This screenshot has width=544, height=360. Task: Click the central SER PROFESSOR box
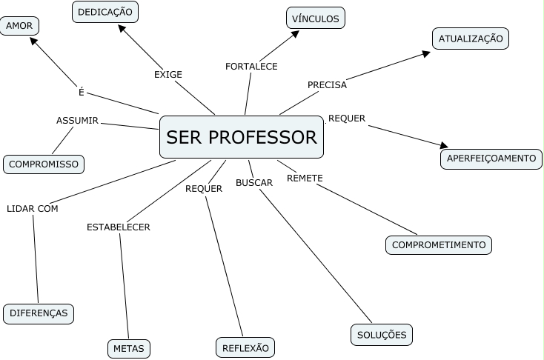[x=242, y=137]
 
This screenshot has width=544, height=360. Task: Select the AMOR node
[x=19, y=26]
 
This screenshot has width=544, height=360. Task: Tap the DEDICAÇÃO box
[x=105, y=12]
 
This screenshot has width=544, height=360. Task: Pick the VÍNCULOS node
[x=315, y=18]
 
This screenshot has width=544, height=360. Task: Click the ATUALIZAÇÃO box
[x=471, y=39]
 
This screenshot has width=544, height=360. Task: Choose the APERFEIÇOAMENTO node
[x=491, y=159]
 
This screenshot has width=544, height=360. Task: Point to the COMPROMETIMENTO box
[x=439, y=244]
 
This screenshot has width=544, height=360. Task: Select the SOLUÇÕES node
[x=382, y=335]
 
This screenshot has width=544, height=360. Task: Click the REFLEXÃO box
[x=245, y=347]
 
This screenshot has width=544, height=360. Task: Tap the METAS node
[x=129, y=348]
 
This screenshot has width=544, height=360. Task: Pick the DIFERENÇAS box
[x=39, y=313]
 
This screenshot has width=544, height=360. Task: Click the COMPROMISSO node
[x=44, y=164]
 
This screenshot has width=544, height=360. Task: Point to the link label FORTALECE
[x=251, y=67]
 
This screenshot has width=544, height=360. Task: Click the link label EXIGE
[x=168, y=74]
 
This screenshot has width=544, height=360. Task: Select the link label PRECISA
[x=327, y=84]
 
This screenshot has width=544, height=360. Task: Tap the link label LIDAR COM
[x=33, y=208]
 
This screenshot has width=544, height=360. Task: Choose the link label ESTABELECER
[x=119, y=227]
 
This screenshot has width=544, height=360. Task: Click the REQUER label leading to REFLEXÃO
[x=204, y=188]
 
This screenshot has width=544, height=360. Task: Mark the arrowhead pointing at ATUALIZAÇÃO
[x=426, y=53]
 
